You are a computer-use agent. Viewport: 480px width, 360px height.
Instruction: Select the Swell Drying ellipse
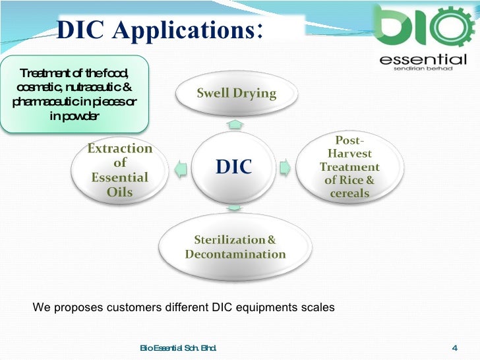tap(236, 94)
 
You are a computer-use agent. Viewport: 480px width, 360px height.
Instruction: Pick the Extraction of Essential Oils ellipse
tap(120, 170)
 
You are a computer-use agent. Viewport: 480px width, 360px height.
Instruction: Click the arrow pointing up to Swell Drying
tap(235, 125)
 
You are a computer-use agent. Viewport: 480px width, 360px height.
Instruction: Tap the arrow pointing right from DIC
tap(285, 167)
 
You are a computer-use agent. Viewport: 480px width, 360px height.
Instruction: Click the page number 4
tap(454, 348)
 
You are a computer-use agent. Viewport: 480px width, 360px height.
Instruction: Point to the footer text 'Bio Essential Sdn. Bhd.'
tap(179, 348)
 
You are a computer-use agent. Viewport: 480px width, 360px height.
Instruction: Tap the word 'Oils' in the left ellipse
tap(119, 193)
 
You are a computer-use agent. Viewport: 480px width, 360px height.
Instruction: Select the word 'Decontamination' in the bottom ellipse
tap(235, 254)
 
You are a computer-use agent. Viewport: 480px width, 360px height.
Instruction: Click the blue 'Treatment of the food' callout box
tap(74, 95)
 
